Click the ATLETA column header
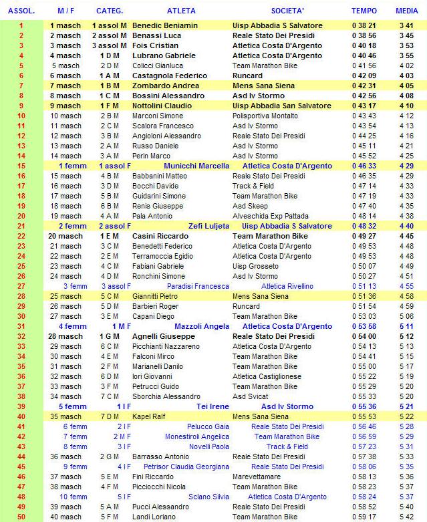(x=182, y=11)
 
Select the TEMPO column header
(x=364, y=11)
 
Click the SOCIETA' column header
(x=287, y=11)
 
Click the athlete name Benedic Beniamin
(x=165, y=25)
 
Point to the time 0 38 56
(x=364, y=35)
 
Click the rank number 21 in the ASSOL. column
(x=21, y=226)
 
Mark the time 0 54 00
(x=364, y=336)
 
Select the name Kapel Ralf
(x=151, y=416)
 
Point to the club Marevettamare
(x=257, y=477)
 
